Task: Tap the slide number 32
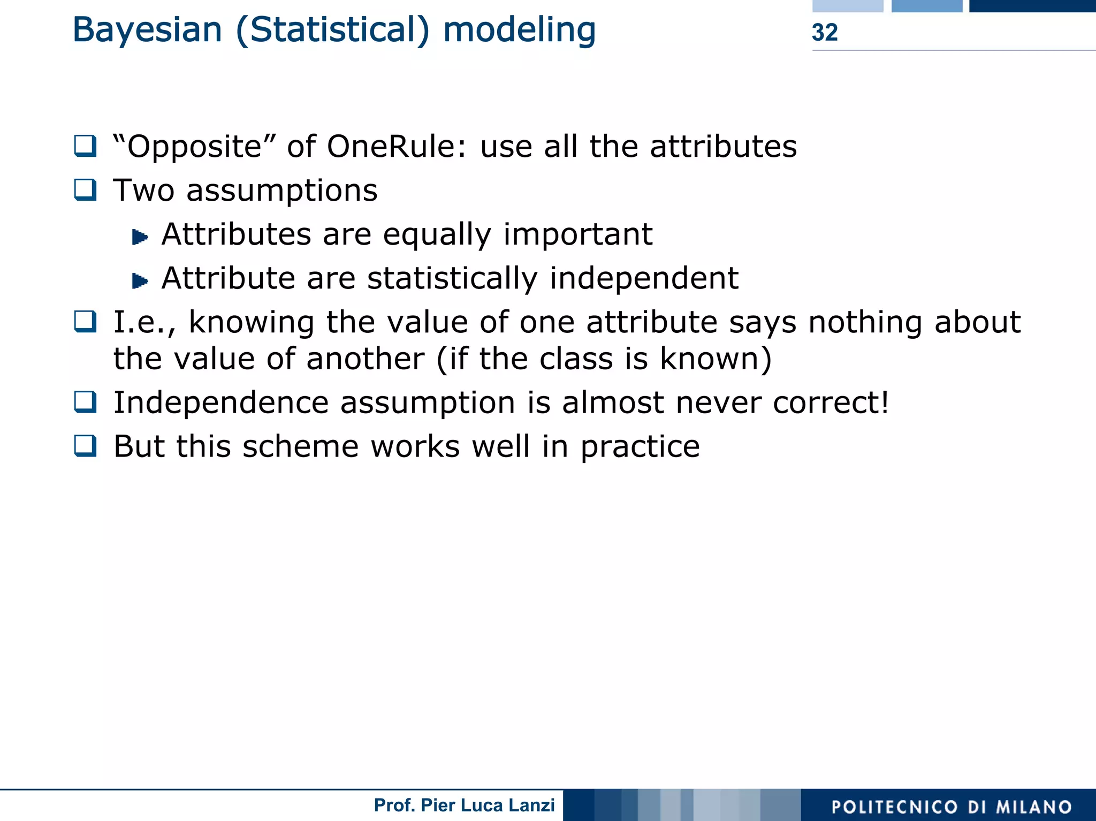(x=824, y=33)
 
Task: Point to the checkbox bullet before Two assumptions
(x=85, y=190)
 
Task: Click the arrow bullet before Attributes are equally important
(x=140, y=237)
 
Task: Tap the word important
(x=577, y=234)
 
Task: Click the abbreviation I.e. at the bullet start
(x=143, y=323)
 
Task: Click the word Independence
(x=220, y=402)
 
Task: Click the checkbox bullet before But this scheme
(x=85, y=446)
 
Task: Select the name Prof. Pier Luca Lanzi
(x=464, y=805)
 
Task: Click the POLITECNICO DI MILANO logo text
(x=952, y=807)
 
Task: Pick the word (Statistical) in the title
(x=332, y=31)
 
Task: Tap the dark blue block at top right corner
(x=1032, y=6)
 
